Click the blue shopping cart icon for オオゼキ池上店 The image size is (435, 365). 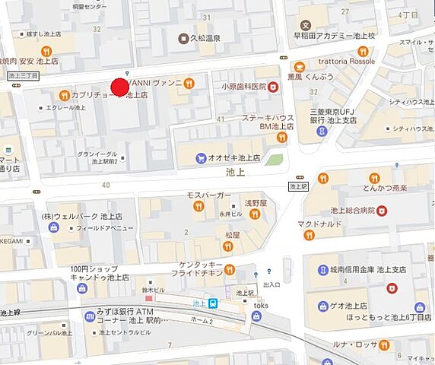pyautogui.click(x=201, y=158)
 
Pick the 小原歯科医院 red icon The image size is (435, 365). pyautogui.click(x=273, y=87)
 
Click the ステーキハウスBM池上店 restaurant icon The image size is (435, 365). pyautogui.click(x=282, y=138)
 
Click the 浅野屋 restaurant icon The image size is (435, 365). pyautogui.click(x=256, y=215)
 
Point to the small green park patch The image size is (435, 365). pyautogui.click(x=275, y=160)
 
